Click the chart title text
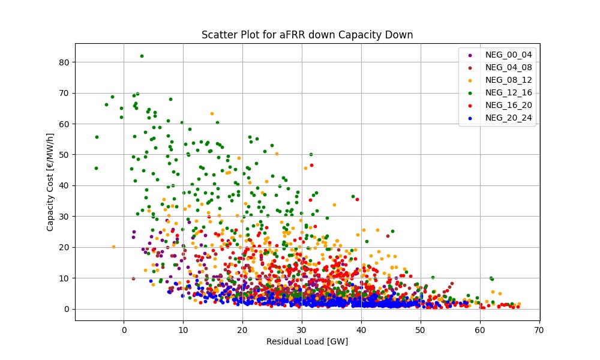tap(307, 35)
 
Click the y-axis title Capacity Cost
tap(50, 181)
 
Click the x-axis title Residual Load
tap(307, 342)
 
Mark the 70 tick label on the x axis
tap(539, 329)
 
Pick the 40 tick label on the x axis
tap(361, 329)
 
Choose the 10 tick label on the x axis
tap(183, 329)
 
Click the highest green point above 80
tap(142, 56)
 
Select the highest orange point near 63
tap(212, 113)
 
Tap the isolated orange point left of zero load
tap(113, 247)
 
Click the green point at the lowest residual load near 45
tap(96, 168)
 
